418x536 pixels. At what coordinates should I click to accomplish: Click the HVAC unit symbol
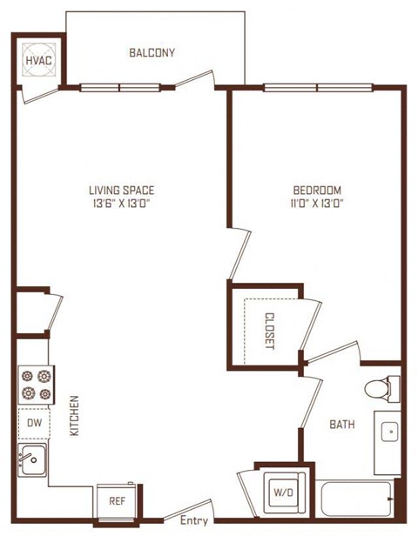point(39,60)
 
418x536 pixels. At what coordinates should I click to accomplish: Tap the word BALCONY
point(152,52)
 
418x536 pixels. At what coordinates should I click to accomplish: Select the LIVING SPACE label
point(122,190)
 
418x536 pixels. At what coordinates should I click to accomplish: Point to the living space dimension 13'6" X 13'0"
point(122,204)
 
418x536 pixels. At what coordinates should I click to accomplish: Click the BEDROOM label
point(317,190)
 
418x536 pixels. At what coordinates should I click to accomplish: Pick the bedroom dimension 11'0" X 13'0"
point(317,204)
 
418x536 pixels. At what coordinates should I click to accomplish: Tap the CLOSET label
point(270,331)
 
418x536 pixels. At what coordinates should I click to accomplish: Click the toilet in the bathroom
point(382,389)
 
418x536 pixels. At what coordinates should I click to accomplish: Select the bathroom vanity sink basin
point(389,432)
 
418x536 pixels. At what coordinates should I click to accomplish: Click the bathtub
point(356,499)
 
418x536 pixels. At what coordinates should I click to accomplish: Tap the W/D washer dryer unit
point(283,492)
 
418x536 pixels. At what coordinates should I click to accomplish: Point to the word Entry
point(194,520)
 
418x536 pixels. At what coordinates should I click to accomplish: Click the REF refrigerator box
point(118,501)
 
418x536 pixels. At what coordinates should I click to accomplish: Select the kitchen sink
point(32,460)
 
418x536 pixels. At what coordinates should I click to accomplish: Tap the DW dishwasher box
point(34,423)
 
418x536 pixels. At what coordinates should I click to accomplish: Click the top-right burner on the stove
point(44,377)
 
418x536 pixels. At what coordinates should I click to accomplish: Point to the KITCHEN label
point(74,415)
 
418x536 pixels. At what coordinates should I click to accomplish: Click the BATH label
point(342,425)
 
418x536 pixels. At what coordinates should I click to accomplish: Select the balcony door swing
point(195,80)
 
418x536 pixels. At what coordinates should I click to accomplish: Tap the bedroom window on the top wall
point(318,88)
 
